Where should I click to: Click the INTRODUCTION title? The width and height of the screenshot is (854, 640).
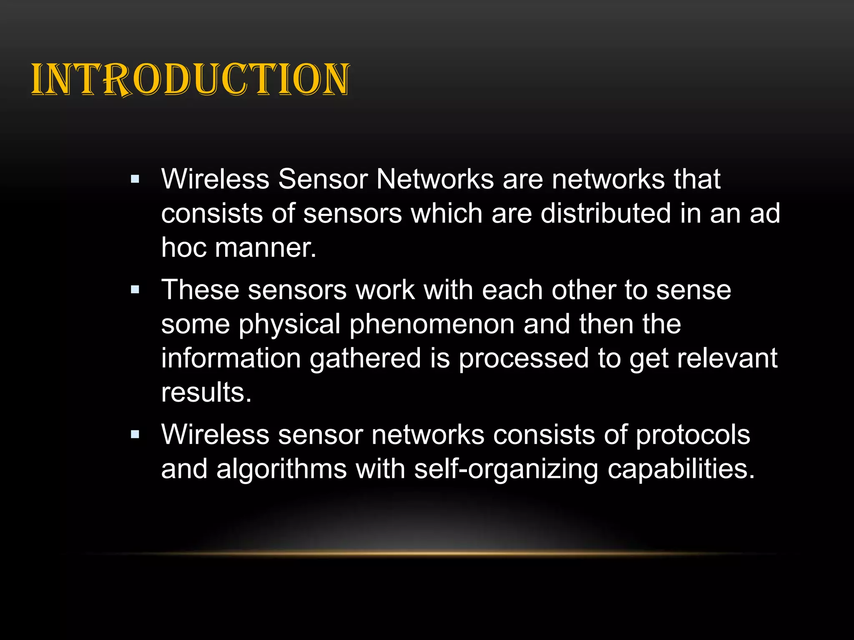[x=191, y=79]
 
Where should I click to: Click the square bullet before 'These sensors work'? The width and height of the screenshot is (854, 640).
[x=135, y=290]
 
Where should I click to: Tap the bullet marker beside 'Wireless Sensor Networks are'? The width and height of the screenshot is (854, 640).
[x=135, y=180]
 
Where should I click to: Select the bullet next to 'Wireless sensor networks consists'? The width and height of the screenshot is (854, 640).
[x=135, y=435]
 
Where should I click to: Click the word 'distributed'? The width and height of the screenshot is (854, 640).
[x=606, y=213]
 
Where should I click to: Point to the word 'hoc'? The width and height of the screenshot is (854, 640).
[x=184, y=247]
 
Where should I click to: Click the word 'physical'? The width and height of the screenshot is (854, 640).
[x=289, y=325]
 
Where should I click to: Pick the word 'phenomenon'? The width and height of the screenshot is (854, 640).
[x=432, y=325]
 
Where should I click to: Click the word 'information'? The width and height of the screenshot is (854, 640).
[x=231, y=358]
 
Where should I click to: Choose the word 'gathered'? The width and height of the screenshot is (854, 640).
[x=365, y=359]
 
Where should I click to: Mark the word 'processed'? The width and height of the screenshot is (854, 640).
[x=523, y=359]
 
